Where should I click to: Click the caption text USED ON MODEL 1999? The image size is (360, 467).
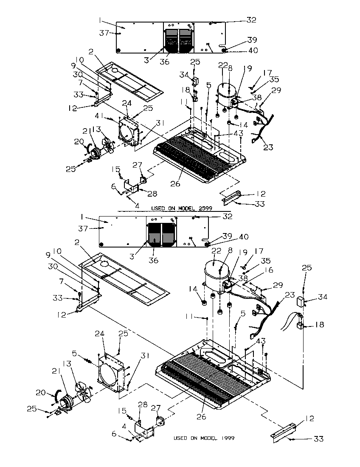point(204,438)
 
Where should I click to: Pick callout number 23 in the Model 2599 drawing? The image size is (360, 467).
point(268,148)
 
